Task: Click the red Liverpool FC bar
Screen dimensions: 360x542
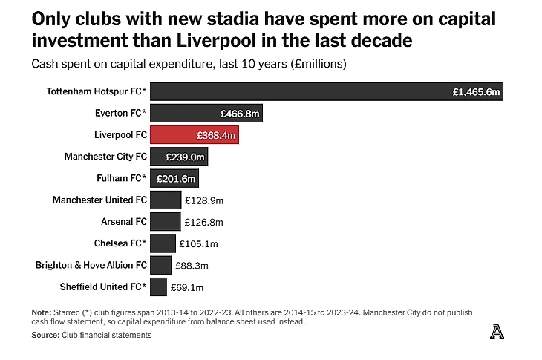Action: (194, 135)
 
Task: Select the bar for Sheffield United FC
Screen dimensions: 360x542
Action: (158, 287)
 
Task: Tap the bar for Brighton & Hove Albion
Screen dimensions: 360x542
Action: (160, 265)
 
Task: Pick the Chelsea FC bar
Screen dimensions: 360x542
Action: (163, 243)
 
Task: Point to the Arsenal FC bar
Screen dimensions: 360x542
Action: (165, 221)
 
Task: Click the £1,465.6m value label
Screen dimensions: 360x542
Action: (477, 92)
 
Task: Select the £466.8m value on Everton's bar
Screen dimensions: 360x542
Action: (240, 114)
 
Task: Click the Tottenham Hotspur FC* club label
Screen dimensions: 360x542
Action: (97, 92)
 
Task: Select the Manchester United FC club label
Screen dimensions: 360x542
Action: (99, 200)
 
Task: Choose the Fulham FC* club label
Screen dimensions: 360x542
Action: (122, 179)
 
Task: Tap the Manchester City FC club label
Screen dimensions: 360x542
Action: (105, 157)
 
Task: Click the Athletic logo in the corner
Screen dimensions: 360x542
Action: (497, 333)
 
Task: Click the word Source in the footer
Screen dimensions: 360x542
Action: (45, 336)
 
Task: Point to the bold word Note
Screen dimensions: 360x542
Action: (42, 312)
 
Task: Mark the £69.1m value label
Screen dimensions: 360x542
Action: (188, 287)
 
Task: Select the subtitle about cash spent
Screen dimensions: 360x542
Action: (189, 65)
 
